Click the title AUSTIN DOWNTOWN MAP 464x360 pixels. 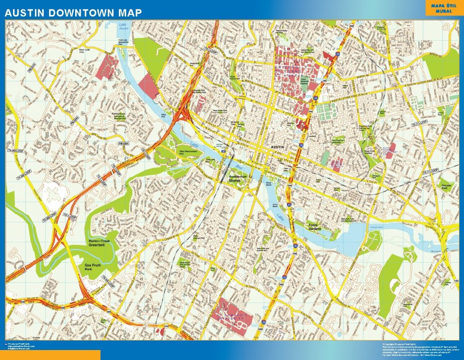[73, 13]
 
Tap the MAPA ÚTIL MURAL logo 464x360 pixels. [444, 8]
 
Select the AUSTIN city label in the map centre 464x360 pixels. [277, 148]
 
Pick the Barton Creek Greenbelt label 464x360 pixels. [99, 244]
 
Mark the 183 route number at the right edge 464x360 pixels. [456, 281]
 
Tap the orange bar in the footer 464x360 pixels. [50, 355]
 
